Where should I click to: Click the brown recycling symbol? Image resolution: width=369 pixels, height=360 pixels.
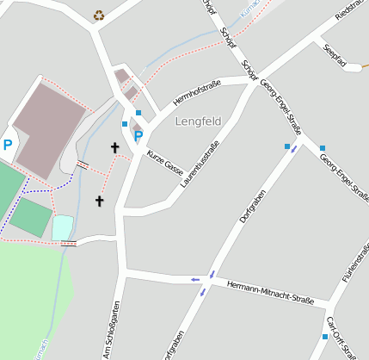99,15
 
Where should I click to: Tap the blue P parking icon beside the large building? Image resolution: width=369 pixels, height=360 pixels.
8,146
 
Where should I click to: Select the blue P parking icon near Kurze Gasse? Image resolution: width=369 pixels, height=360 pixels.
138,135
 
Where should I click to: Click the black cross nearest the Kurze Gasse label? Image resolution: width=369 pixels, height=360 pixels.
114,148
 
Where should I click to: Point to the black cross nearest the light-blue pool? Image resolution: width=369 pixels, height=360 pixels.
99,202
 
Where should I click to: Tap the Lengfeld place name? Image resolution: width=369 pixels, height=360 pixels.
198,121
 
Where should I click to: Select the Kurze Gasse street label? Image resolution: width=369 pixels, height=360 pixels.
165,159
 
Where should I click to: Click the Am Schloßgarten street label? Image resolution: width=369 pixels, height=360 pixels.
110,330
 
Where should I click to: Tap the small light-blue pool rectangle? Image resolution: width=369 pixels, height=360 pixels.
62,227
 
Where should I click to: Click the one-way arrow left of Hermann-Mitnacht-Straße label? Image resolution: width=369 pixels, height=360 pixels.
196,279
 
